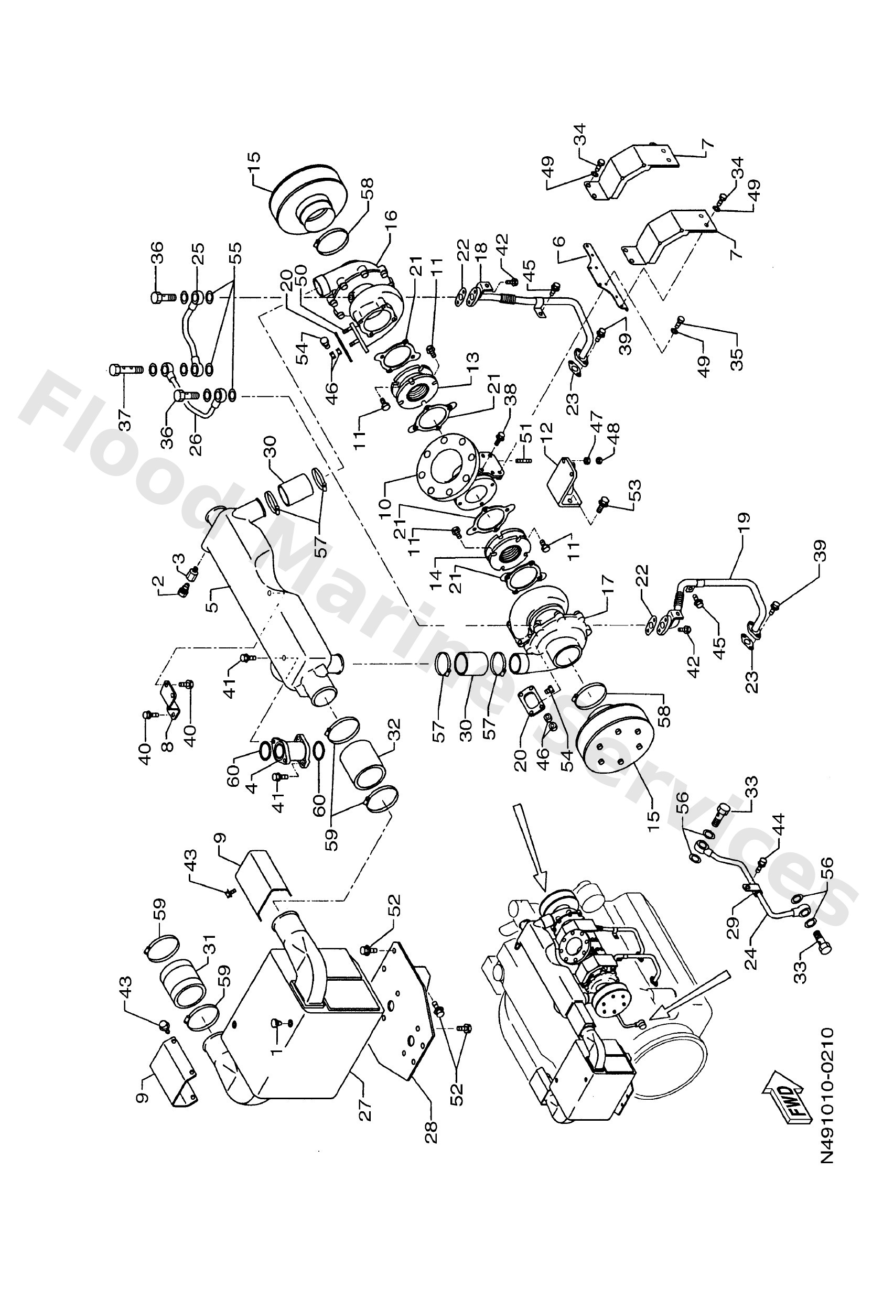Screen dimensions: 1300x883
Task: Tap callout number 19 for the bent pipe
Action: [744, 525]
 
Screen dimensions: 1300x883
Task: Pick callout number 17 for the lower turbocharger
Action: [608, 584]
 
